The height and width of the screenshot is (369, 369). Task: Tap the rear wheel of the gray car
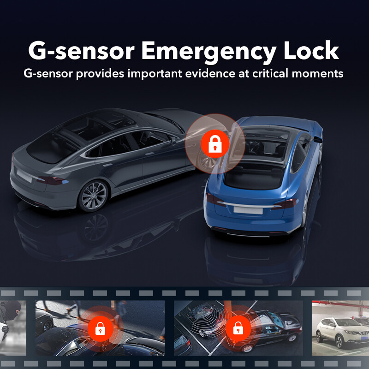pos(94,196)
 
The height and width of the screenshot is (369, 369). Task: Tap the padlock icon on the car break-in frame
pos(100,328)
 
